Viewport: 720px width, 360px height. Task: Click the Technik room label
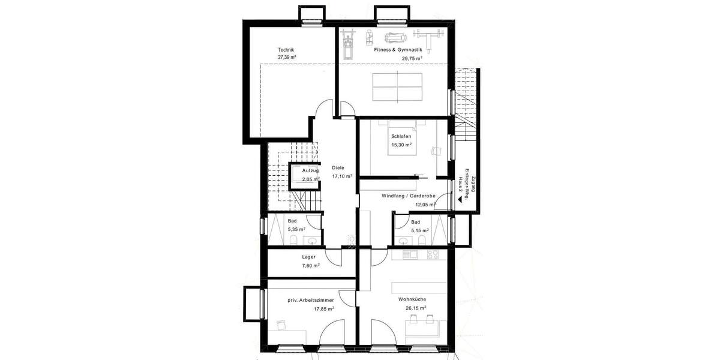[286, 50]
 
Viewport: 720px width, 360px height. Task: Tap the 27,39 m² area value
[287, 58]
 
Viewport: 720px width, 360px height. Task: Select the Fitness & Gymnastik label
[398, 50]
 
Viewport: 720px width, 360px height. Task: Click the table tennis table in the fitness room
[398, 86]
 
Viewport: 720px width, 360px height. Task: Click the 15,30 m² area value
[401, 145]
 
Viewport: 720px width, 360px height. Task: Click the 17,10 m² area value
[342, 176]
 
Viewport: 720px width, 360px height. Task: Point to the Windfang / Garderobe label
[408, 196]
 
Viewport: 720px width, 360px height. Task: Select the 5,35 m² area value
[296, 229]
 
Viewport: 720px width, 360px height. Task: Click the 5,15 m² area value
[419, 230]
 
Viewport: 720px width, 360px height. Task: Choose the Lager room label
[309, 257]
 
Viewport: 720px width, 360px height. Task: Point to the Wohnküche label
[412, 299]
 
